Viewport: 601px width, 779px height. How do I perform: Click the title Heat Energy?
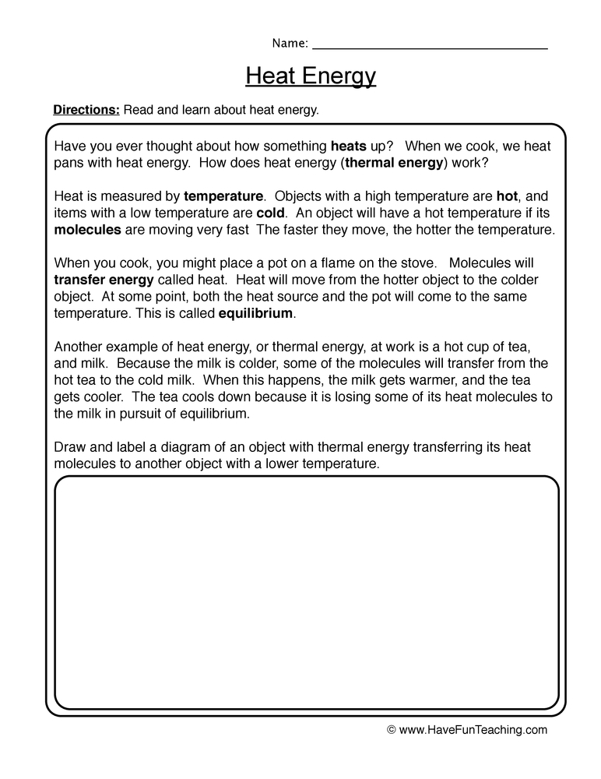311,76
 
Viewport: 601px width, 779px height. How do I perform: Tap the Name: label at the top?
290,43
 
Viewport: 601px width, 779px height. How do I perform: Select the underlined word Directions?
86,111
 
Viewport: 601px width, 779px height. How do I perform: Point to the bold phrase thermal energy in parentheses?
394,162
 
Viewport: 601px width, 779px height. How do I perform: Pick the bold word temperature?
223,196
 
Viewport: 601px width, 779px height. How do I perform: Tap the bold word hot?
507,196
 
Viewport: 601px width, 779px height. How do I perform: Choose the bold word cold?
272,213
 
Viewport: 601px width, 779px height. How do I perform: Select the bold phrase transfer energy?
104,280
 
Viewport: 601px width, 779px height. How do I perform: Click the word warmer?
410,380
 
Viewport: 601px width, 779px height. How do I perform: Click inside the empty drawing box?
307,592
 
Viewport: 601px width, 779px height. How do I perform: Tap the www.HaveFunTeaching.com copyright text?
467,730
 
